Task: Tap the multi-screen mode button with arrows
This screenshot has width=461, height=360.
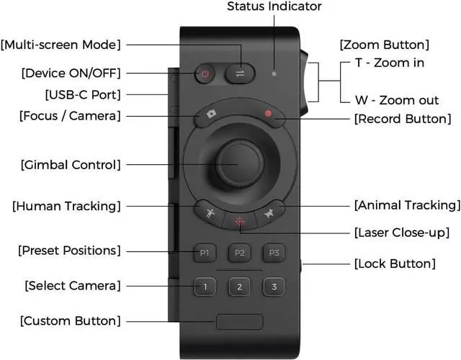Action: pos(239,73)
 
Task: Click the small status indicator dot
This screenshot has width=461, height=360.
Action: pos(274,73)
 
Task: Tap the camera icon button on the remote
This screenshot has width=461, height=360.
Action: pos(211,114)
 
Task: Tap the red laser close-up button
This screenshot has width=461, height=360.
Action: pos(240,221)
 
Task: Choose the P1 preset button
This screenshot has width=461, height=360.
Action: pos(205,253)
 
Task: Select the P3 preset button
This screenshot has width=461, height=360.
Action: pos(273,253)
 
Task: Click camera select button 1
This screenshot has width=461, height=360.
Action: pos(205,287)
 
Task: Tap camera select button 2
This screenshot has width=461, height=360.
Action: pos(239,287)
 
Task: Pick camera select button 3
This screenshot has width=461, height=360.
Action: pos(273,287)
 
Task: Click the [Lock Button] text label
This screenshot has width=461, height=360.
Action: pos(395,264)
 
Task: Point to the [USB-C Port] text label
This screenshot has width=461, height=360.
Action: pos(72,94)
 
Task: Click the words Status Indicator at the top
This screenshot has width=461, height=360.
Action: pos(274,6)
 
